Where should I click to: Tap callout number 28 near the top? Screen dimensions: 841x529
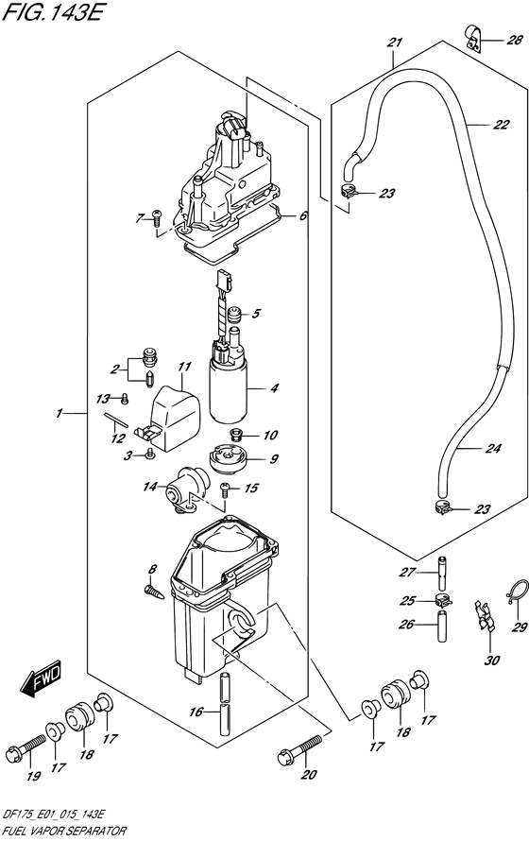(513, 40)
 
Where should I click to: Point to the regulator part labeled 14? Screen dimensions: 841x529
(185, 488)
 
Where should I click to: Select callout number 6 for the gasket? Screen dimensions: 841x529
(303, 216)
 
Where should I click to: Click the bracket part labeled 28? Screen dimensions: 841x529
(473, 39)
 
